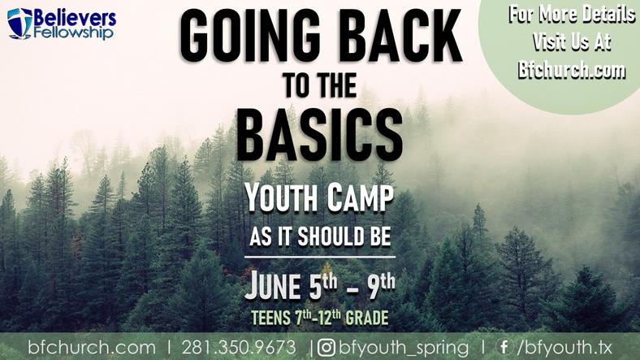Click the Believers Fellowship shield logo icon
coord(19,24)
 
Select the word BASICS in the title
coord(319,135)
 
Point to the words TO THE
coord(321,85)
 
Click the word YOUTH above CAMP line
coord(282,198)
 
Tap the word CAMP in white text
coord(361,198)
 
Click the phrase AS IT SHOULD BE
coord(321,236)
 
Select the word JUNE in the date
coord(273,286)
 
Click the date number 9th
coord(381,286)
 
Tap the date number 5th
coord(323,286)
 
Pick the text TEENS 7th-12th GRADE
coord(319,318)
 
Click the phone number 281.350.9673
coord(239,348)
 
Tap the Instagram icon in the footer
coord(326,348)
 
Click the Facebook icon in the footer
coord(504,347)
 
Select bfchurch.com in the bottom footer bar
coord(92,348)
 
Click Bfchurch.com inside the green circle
coord(572,69)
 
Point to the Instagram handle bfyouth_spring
coord(404,348)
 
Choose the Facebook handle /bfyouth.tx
coord(564,348)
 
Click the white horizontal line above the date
coord(320,257)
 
